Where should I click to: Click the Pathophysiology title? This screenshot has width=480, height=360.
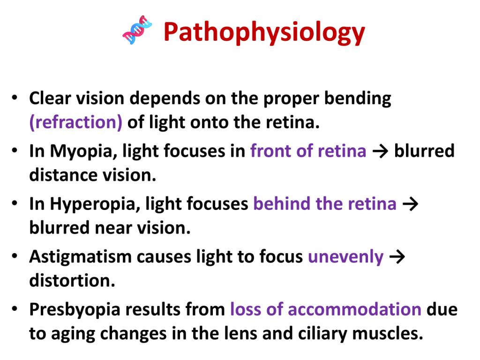(264, 32)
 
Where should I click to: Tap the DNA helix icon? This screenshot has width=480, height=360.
(137, 30)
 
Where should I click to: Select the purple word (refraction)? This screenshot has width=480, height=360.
(75, 122)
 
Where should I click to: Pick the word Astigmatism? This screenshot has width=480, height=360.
(81, 257)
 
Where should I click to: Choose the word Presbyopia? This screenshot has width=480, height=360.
(75, 310)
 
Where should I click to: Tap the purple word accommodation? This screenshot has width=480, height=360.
(354, 309)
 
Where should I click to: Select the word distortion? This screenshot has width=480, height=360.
(72, 280)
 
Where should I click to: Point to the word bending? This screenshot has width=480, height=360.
(358, 99)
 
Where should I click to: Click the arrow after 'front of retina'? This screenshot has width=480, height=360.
(380, 151)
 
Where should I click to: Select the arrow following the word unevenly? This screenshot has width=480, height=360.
(397, 257)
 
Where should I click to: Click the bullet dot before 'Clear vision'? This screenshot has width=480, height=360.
(15, 98)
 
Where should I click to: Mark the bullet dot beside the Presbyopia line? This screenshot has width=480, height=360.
(15, 309)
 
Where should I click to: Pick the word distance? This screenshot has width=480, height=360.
(63, 175)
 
